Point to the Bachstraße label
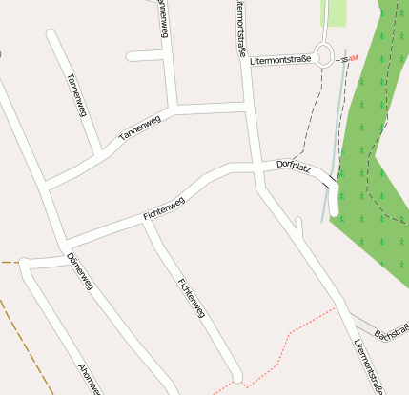click(391, 332)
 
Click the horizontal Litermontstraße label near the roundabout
click(280, 59)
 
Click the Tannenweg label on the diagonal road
click(139, 128)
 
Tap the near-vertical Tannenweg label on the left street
click(77, 95)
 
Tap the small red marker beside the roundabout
click(353, 58)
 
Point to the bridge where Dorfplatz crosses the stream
click(330, 180)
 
